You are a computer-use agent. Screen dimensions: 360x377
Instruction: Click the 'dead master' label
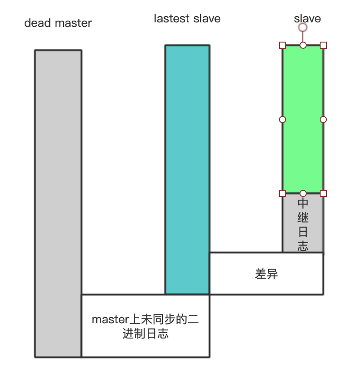[x=58, y=23]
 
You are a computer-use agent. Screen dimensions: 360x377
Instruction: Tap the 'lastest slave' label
[x=187, y=19]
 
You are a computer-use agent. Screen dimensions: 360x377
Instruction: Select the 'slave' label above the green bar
[x=307, y=19]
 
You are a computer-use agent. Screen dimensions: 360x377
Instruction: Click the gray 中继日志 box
[x=303, y=224]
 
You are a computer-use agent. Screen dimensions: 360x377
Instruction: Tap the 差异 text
[x=266, y=274]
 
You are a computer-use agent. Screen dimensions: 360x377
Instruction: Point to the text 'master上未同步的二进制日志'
[x=146, y=326]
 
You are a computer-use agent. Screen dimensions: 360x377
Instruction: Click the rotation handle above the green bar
[x=303, y=27]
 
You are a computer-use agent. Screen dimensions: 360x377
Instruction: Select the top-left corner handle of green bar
[x=283, y=45]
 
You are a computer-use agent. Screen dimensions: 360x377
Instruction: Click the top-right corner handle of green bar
[x=323, y=45]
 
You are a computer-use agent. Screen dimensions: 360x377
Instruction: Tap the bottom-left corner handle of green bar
[x=283, y=193]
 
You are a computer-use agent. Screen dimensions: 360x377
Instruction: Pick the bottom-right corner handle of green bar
[x=323, y=193]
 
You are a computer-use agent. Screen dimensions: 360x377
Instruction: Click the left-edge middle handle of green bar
[x=283, y=120]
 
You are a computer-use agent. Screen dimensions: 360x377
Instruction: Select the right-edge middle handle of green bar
[x=323, y=120]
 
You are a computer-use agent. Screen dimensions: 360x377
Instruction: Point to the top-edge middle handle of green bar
[x=303, y=45]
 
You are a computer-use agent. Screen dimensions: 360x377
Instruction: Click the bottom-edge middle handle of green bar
[x=303, y=193]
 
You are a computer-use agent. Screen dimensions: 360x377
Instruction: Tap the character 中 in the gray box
[x=303, y=203]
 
